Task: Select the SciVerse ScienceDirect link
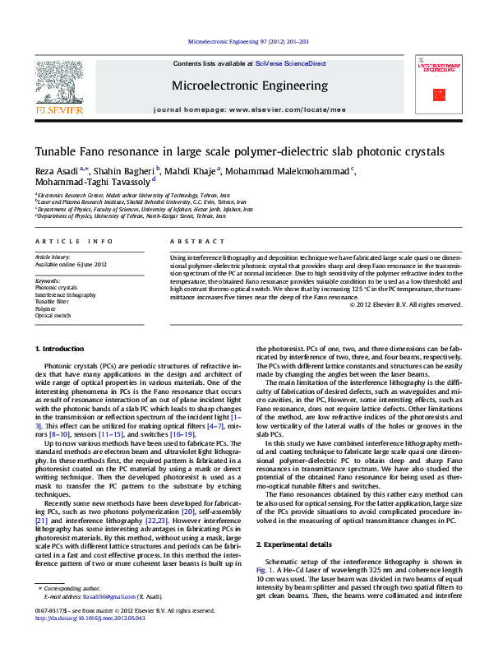[x=290, y=63]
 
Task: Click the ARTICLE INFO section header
[x=73, y=241]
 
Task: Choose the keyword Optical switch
[x=53, y=315]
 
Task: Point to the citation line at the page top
[x=248, y=40]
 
